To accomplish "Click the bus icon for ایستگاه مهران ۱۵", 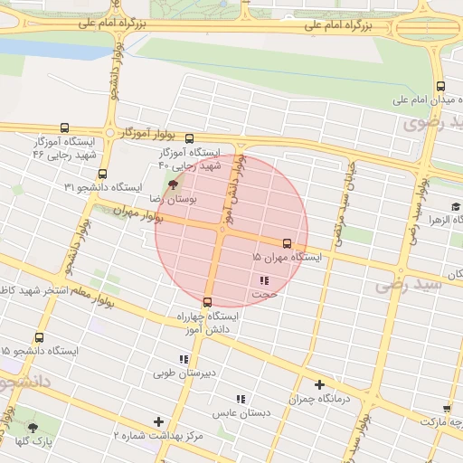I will pos(288,243).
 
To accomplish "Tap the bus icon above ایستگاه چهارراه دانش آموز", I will pos(208,302).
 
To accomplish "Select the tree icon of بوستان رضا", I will pos(174,184).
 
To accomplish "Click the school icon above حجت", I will pos(263,280).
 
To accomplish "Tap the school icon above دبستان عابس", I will pos(241,399).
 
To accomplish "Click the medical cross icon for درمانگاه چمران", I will pos(318,384).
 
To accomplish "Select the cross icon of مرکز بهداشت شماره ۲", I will pos(159,421).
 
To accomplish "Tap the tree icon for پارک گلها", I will pos(33,428).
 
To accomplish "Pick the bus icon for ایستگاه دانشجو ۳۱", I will pos(102,174).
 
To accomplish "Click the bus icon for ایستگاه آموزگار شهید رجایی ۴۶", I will pos(63,128).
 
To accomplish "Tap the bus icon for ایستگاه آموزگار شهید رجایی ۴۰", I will pos(189,139).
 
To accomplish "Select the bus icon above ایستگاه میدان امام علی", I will pos(439,86).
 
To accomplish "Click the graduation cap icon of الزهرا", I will pos(456,207).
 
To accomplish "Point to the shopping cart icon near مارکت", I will pos(448,409).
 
